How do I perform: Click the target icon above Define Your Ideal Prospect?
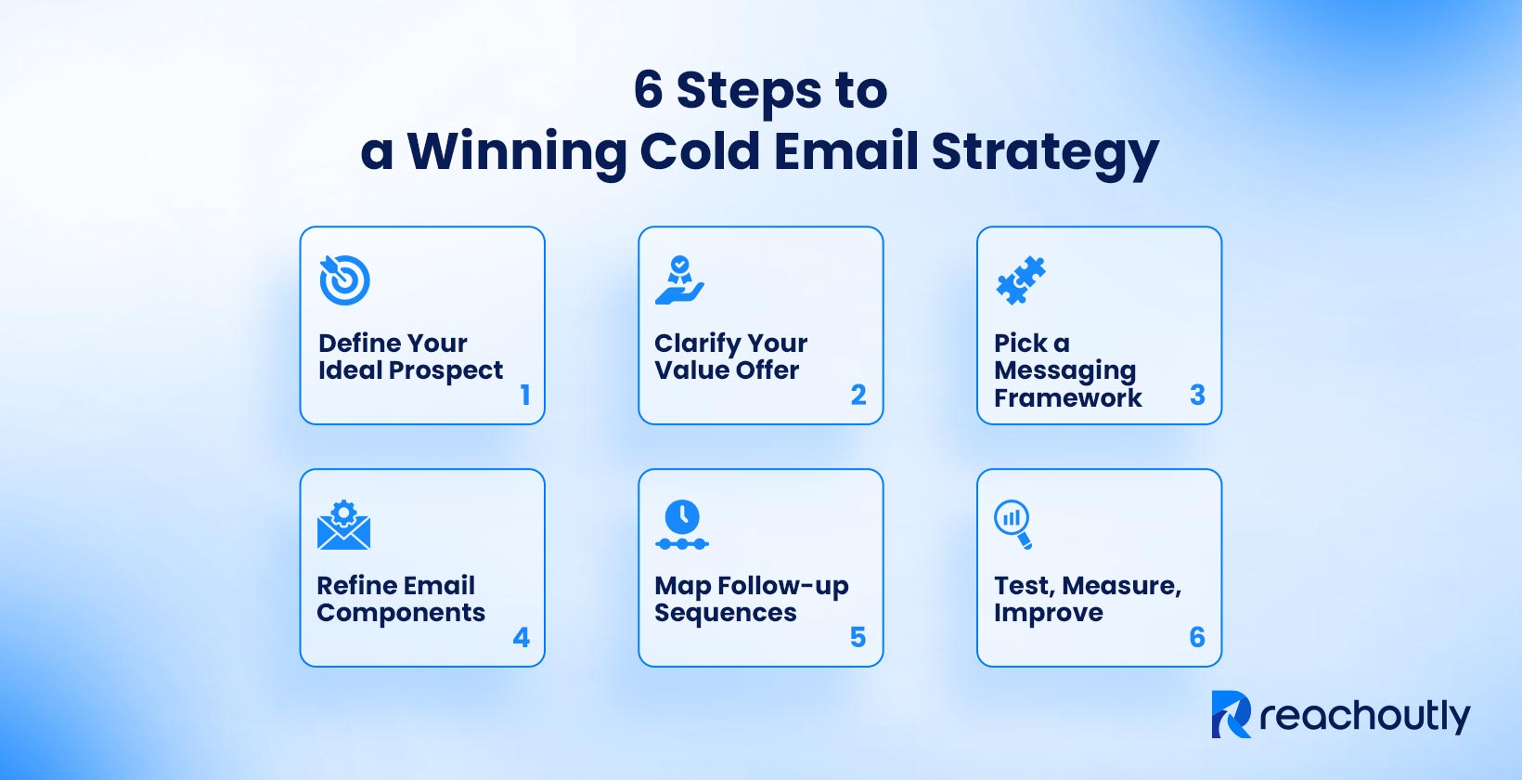[344, 279]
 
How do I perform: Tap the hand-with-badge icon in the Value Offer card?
[679, 280]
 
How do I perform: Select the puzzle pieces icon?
[1020, 280]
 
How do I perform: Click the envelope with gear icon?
[343, 525]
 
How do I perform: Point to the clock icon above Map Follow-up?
[682, 525]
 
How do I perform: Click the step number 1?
[525, 395]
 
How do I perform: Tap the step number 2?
[858, 395]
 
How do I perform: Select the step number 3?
[1197, 395]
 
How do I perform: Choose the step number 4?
[522, 637]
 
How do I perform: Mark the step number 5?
[858, 637]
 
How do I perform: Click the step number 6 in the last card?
[1197, 637]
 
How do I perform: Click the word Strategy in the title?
[1045, 152]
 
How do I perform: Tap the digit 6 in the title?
[648, 90]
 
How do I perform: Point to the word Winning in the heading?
[516, 152]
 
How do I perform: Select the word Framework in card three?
[1067, 397]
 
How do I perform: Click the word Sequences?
[725, 613]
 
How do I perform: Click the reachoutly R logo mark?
[1231, 714]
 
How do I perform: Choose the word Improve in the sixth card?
[1048, 613]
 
